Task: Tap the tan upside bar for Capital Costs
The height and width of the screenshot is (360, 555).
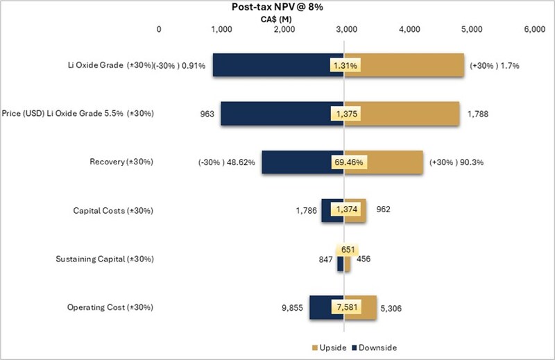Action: (355, 210)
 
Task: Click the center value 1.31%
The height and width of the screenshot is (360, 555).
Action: (344, 65)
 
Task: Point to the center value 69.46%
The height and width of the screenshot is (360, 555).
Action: (348, 162)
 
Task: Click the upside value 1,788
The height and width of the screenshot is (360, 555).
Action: (479, 113)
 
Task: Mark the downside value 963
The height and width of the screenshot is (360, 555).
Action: (207, 113)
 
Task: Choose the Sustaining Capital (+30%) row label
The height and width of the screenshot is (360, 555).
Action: (104, 259)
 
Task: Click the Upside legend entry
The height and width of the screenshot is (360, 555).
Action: (325, 348)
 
